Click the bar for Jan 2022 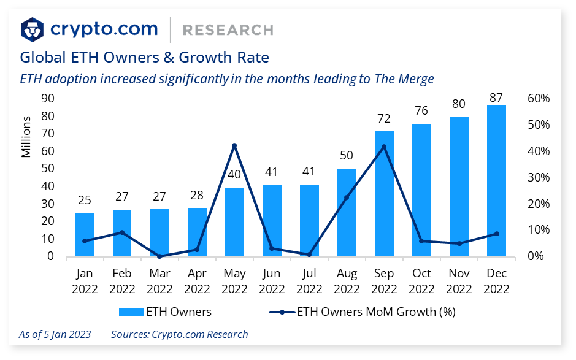[85, 235]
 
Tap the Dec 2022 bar [496, 180]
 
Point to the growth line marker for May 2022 [234, 145]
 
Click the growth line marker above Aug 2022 [347, 197]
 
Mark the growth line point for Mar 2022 [159, 256]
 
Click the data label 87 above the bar [496, 98]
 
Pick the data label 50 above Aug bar [347, 156]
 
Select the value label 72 [384, 118]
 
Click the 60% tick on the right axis [538, 99]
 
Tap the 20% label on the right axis [538, 204]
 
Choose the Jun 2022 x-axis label [272, 281]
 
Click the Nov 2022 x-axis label [459, 281]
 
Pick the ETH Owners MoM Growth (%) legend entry [362, 312]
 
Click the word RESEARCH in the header [228, 29]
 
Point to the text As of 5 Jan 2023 [55, 334]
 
